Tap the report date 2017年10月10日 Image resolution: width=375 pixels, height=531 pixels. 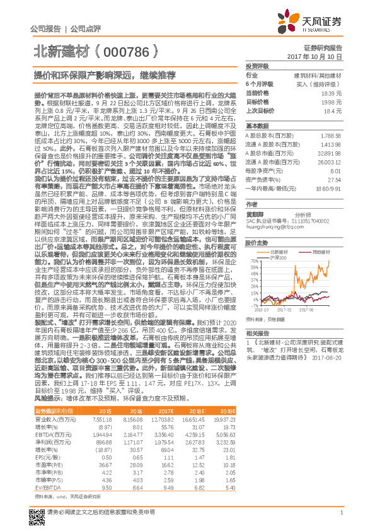click(318, 57)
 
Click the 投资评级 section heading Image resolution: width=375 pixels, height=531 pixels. click(257, 66)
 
